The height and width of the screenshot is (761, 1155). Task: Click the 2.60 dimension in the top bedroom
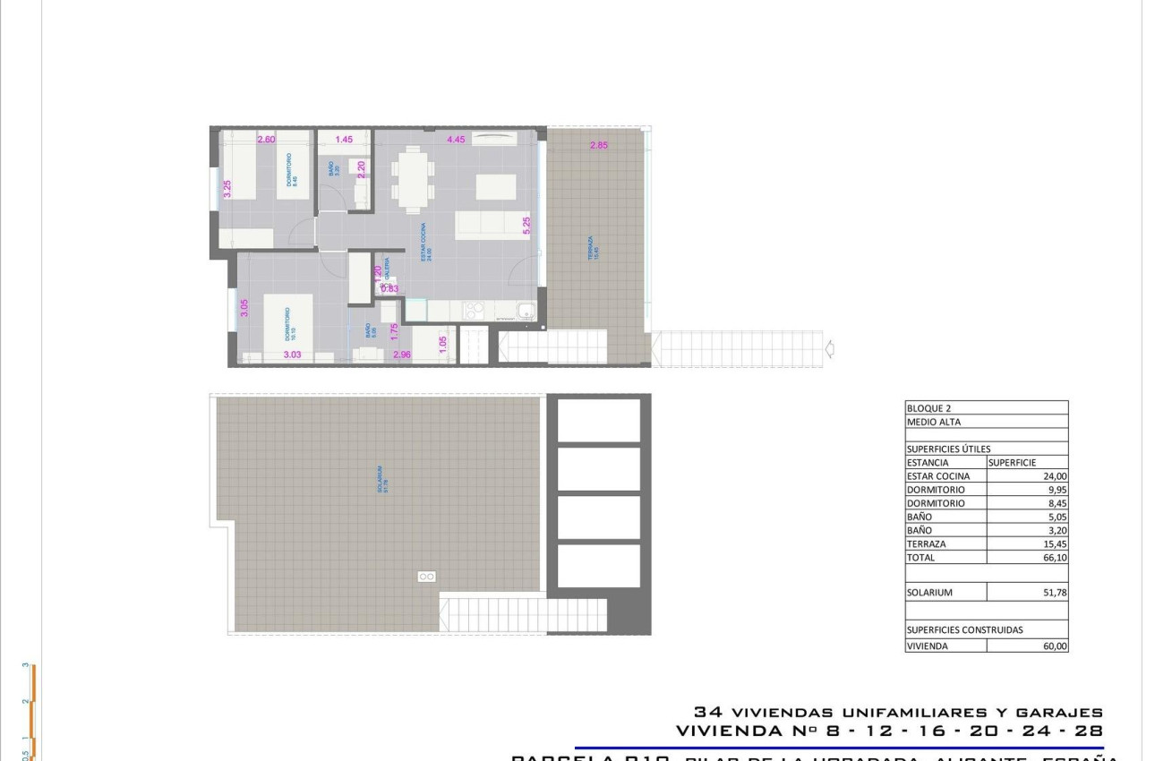pos(266,140)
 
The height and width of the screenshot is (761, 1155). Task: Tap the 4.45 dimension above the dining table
pos(456,140)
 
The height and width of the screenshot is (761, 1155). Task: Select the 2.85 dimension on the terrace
pos(598,146)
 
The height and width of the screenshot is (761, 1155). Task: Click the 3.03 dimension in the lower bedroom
pos(292,355)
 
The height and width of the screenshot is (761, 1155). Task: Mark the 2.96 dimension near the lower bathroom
pos(401,355)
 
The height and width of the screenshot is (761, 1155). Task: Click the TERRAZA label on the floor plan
pos(591,248)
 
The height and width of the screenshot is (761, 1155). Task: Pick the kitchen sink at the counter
pos(526,312)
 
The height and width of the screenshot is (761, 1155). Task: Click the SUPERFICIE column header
pos(1012,463)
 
